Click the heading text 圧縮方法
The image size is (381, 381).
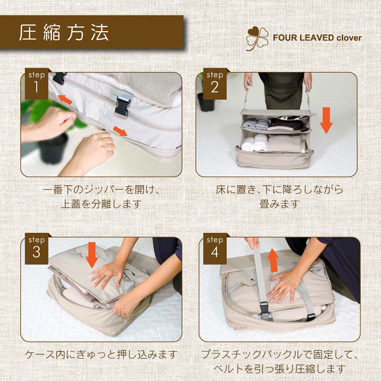coord(64,32)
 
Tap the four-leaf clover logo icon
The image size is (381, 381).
coord(257,38)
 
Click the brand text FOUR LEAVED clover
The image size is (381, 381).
coord(317,38)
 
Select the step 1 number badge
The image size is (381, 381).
coord(37,84)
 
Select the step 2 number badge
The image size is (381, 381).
coord(215,84)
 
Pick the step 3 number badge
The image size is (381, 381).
coord(37,248)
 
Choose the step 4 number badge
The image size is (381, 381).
coord(215,248)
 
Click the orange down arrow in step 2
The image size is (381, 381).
coord(326,120)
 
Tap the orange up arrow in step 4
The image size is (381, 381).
coord(273,260)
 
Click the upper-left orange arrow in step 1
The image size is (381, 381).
coord(65,99)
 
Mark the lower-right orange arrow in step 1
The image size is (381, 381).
coord(120,131)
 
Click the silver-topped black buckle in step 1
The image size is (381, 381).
coord(124,104)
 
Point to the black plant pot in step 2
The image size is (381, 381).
coord(206,102)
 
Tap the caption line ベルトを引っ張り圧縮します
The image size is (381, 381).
coord(279,369)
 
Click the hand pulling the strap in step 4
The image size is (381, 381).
coord(253,243)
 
